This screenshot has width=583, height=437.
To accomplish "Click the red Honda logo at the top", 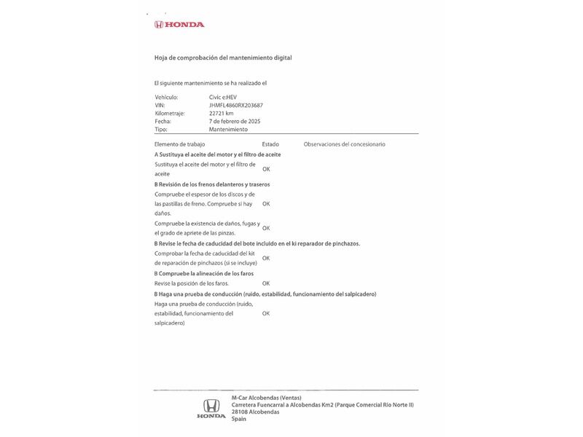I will click(x=179, y=25).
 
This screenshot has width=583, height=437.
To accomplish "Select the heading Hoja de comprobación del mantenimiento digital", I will click(x=223, y=58).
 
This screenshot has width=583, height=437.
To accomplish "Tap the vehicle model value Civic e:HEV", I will click(x=223, y=97).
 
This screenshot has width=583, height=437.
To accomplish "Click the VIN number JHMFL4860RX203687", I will click(x=236, y=105).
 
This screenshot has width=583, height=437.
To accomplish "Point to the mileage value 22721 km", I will click(x=221, y=113).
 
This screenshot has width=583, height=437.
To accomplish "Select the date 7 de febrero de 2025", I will click(x=235, y=121).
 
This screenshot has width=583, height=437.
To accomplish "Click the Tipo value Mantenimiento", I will click(x=228, y=129).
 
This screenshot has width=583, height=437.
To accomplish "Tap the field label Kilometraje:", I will click(x=170, y=113).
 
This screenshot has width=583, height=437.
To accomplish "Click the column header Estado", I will click(x=270, y=144).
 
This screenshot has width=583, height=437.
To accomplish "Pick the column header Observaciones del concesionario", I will click(x=344, y=144).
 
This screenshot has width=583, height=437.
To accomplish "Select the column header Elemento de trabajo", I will click(x=179, y=144).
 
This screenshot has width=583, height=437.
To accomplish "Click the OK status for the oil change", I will click(x=266, y=169).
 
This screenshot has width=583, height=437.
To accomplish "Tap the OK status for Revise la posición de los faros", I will click(x=266, y=283).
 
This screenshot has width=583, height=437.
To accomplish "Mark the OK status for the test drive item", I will click(x=266, y=313).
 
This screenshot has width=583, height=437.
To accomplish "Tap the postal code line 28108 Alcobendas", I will click(x=255, y=412).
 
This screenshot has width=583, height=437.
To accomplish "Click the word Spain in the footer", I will click(x=239, y=419).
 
